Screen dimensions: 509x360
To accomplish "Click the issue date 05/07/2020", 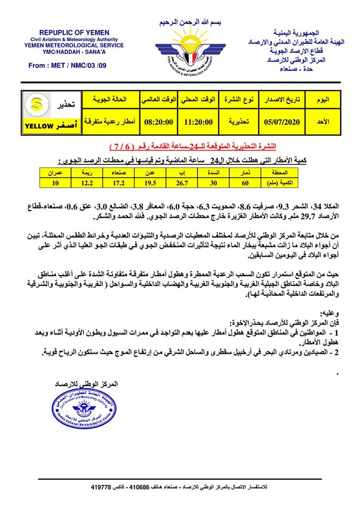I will coord(282,121).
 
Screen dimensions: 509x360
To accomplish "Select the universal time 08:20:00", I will coord(159,121).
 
